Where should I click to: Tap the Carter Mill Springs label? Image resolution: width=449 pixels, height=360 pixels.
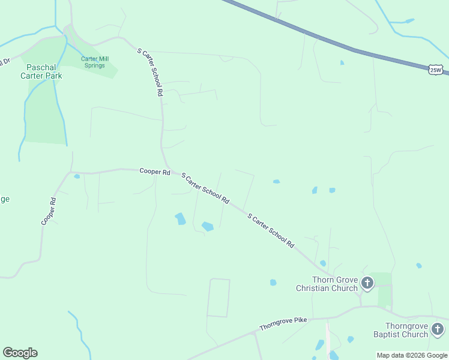click(94, 62)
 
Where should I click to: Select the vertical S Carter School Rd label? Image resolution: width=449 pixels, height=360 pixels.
click(151, 73)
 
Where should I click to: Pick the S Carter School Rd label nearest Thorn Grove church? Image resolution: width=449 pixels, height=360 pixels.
click(271, 231)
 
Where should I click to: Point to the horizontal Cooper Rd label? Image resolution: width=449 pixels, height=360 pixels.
click(155, 172)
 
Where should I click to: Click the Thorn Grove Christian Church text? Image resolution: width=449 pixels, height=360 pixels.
click(327, 284)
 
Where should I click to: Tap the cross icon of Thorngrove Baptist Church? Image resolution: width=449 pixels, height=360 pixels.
click(438, 329)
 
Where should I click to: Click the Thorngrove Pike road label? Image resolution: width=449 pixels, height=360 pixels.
click(283, 324)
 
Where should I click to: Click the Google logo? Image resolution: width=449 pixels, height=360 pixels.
click(20, 353)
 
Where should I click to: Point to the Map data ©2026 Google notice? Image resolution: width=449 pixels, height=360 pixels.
click(412, 355)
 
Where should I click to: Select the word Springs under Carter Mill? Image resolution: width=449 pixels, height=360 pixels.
click(94, 65)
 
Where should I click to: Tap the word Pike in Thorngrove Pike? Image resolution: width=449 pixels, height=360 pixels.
click(300, 320)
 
